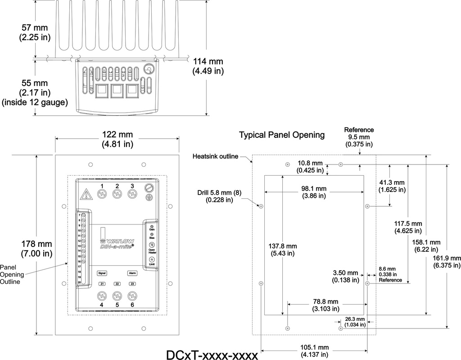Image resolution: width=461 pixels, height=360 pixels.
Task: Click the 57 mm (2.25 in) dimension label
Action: [35, 33]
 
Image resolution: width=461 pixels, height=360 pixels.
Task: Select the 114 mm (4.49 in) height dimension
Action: [208, 66]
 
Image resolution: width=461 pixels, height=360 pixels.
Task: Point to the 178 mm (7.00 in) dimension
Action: [36, 249]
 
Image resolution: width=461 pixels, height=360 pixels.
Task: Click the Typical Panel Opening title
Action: [282, 135]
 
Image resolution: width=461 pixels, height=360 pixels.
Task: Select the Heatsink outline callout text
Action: [215, 156]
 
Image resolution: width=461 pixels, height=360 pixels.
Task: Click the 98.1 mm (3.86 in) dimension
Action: [314, 191]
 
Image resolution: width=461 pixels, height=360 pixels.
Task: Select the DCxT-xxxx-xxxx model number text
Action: [212, 355]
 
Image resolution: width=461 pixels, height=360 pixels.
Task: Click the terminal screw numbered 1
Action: [102, 193]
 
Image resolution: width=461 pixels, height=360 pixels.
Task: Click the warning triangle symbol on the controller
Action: [85, 195]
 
